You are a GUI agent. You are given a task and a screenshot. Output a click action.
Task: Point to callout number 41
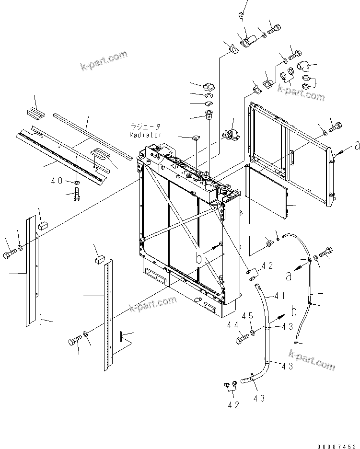(279, 296)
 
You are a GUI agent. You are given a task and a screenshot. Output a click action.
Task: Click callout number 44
(233, 325)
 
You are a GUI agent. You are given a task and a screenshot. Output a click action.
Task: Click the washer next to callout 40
(77, 182)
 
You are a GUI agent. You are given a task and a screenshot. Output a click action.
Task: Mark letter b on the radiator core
(199, 258)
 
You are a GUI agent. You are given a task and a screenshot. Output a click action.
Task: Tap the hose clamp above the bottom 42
(228, 384)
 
